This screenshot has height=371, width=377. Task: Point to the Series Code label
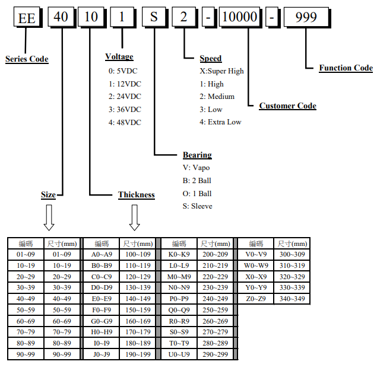pos(27,59)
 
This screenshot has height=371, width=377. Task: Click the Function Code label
pos(346,68)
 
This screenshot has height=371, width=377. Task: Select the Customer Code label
pos(287,105)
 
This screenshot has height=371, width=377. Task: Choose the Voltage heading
pos(119,57)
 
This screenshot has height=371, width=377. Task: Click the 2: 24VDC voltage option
pos(125,96)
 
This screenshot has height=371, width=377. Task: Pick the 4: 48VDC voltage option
pos(125,122)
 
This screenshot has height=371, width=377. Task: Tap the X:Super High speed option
pos(221,71)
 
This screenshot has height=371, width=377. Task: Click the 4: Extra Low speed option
pos(220,122)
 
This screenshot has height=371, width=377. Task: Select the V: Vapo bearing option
pos(197,167)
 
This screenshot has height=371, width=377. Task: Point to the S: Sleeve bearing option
pos(198,206)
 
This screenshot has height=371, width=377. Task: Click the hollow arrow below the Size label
pos(49,218)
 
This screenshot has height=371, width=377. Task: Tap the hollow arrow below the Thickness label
pos(135,218)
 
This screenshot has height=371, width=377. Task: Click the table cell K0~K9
pos(179,254)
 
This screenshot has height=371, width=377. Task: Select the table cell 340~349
pos(293,299)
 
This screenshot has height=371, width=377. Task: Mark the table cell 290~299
pos(215,354)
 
